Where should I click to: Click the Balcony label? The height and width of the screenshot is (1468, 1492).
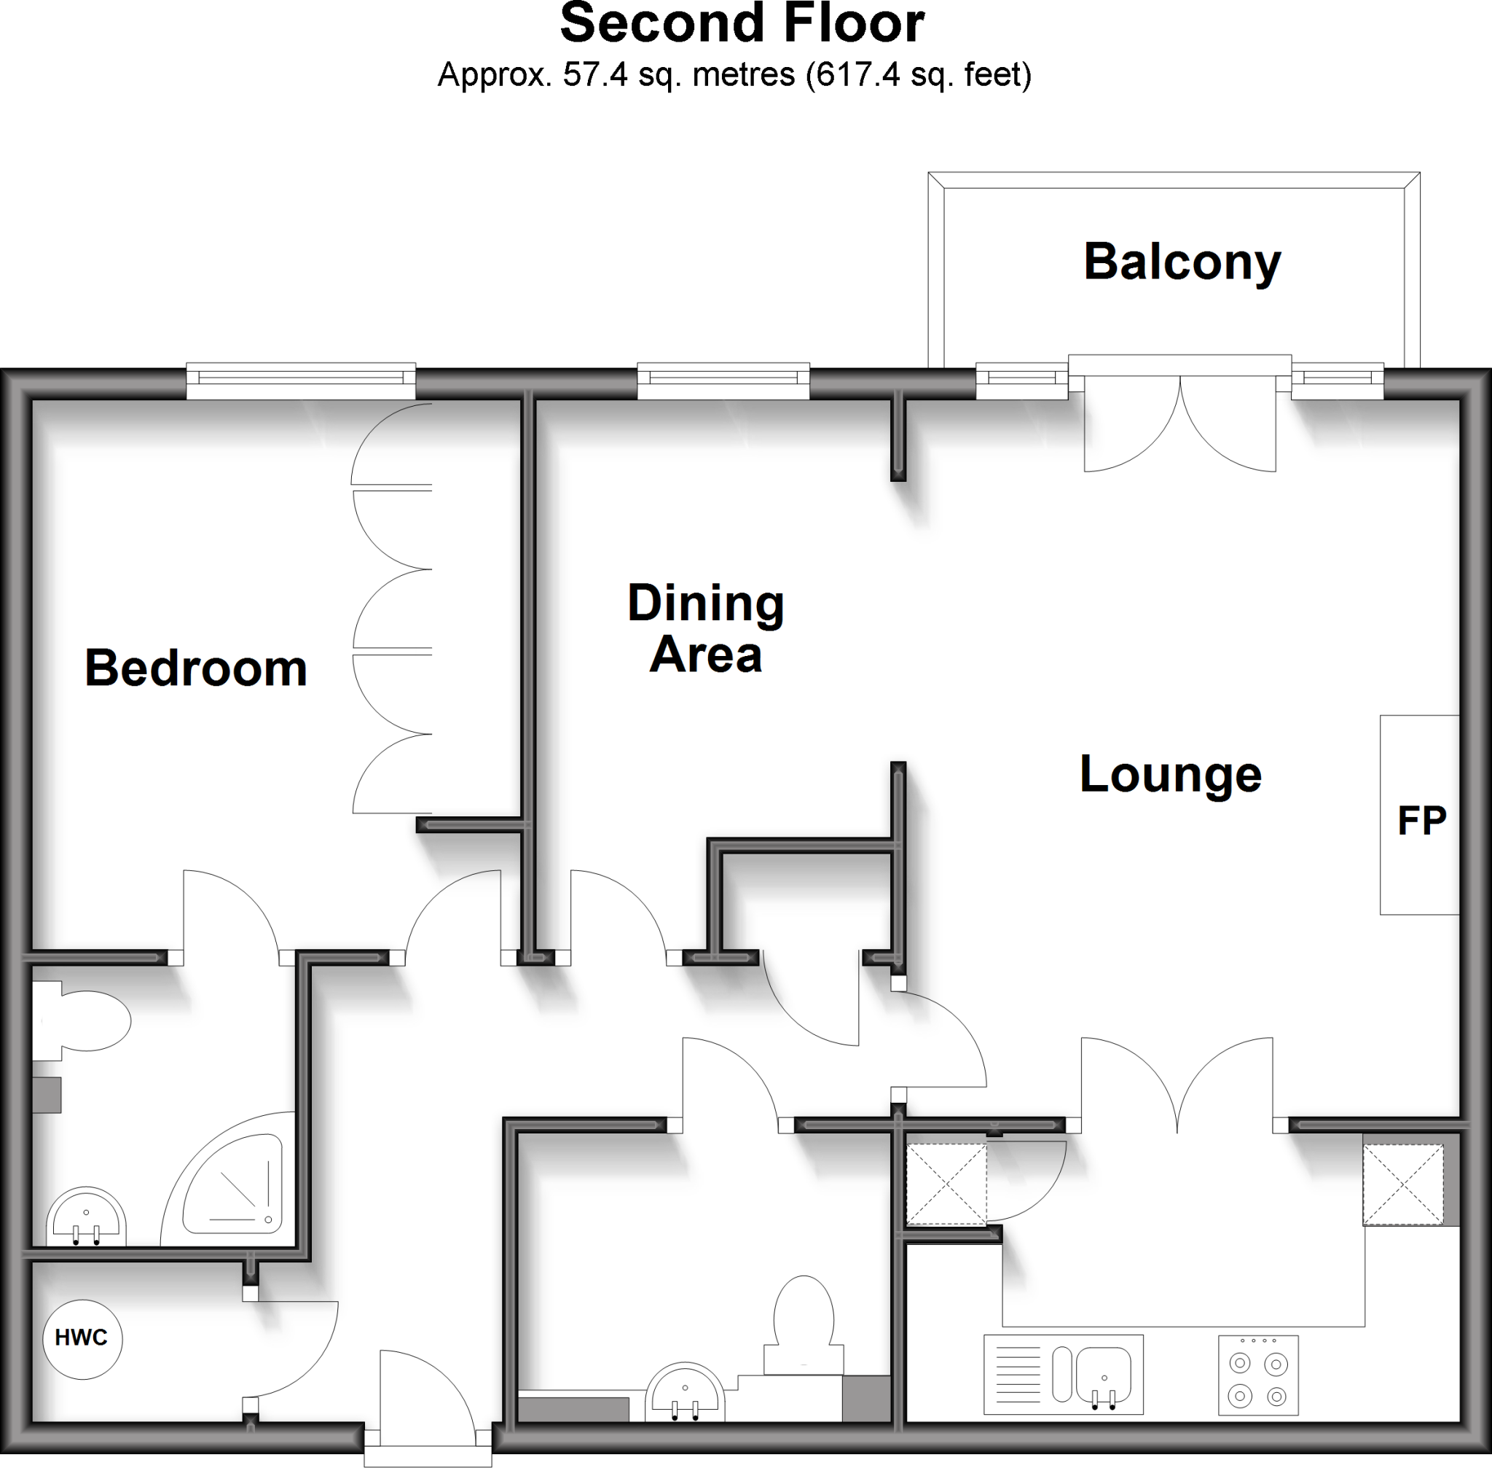click(1182, 263)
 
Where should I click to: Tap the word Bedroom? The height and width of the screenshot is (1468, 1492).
click(196, 668)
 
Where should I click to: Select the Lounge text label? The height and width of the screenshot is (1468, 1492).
click(1170, 774)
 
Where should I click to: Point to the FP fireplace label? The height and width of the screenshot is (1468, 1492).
click(1421, 821)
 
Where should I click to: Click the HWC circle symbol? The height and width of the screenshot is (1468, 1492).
click(82, 1338)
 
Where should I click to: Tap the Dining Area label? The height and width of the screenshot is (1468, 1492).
click(705, 628)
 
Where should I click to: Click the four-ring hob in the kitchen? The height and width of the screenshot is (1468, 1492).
click(1257, 1375)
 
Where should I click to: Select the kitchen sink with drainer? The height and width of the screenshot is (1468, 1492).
click(1063, 1375)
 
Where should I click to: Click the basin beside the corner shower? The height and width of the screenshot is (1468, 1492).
click(85, 1218)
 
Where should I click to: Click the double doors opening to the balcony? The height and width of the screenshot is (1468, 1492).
click(1179, 424)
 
